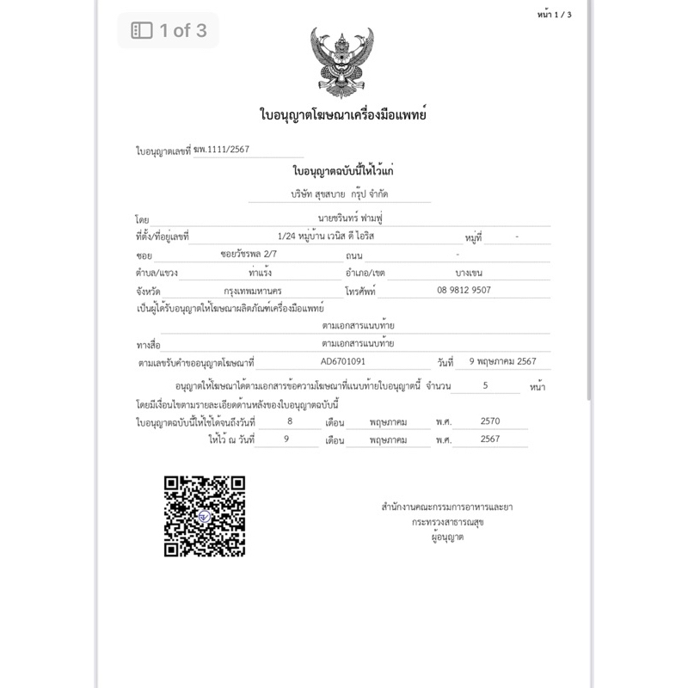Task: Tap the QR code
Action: tap(205, 516)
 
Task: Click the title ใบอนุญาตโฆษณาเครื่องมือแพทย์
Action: tap(343, 114)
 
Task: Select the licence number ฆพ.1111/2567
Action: tap(222, 150)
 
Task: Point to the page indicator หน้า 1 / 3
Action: tap(553, 15)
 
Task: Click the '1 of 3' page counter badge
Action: tap(169, 31)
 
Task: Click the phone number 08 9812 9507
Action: tap(464, 290)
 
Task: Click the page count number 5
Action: tap(486, 386)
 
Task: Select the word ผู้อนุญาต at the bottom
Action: tap(447, 537)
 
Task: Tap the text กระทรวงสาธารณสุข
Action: tap(447, 521)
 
